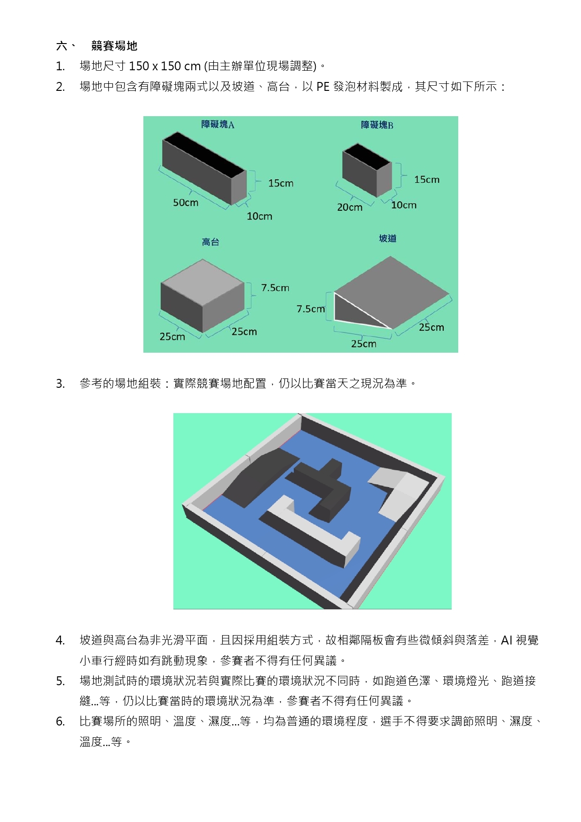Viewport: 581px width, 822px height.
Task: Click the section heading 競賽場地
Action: [x=114, y=46]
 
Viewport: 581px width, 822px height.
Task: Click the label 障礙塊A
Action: [x=218, y=124]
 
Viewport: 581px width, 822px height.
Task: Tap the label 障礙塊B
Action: [x=377, y=125]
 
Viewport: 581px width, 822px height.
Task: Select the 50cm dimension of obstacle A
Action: [x=186, y=202]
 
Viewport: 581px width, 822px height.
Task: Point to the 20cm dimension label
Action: [x=350, y=207]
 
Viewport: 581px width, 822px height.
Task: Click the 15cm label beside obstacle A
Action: [x=281, y=183]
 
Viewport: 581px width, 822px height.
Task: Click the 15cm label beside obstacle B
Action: [x=427, y=179]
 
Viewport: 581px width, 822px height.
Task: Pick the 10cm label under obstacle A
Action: [x=260, y=216]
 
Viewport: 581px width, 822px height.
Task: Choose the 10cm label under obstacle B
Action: [x=404, y=205]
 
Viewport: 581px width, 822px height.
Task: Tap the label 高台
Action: [x=210, y=242]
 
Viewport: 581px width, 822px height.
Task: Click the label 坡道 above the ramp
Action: [x=387, y=238]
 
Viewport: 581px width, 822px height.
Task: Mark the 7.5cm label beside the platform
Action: [x=275, y=288]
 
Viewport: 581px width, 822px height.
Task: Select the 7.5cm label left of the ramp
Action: [x=311, y=309]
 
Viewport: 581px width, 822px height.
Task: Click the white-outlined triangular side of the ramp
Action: [x=351, y=311]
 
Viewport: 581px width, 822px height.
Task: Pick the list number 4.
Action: [x=60, y=640]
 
